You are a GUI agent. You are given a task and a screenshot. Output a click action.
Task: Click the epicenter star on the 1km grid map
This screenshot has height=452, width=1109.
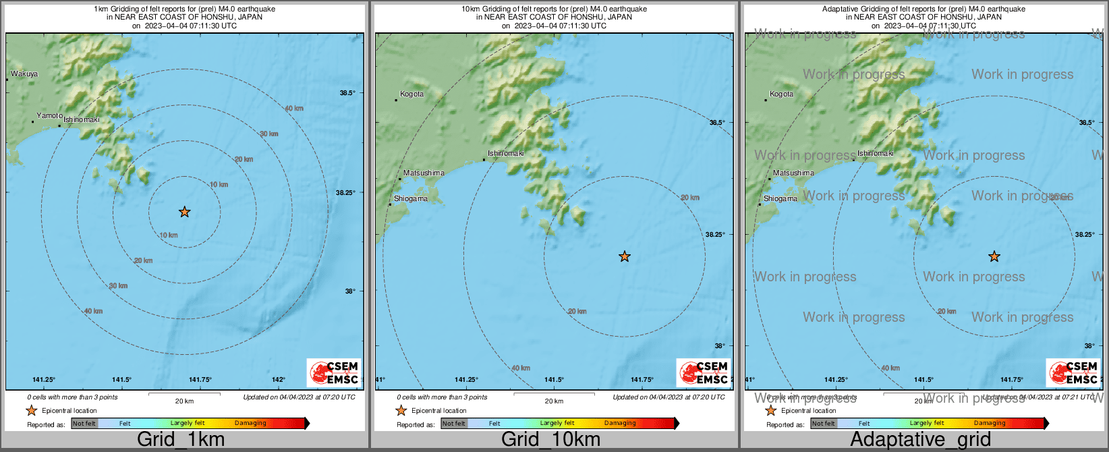[184, 212]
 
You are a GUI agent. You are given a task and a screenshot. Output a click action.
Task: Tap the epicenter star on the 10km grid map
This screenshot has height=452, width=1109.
[625, 256]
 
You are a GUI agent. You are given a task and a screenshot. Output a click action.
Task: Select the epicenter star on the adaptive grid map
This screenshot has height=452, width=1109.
[994, 256]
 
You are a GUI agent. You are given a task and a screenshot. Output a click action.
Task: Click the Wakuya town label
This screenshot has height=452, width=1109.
[24, 74]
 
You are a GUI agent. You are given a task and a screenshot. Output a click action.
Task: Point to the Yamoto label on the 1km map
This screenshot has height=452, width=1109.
[49, 116]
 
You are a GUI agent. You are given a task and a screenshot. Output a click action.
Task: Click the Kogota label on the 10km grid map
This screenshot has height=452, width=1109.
[411, 94]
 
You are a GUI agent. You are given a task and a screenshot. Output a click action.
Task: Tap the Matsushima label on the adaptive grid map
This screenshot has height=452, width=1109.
[793, 173]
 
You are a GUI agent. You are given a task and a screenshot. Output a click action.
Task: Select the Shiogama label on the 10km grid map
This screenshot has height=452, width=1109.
[410, 199]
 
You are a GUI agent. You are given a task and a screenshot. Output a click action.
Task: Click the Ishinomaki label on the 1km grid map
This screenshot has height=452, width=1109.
[82, 120]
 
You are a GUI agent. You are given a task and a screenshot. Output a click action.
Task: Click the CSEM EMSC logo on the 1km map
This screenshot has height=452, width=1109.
[334, 372]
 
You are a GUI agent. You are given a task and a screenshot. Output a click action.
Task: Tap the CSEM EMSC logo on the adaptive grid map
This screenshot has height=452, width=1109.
[1073, 372]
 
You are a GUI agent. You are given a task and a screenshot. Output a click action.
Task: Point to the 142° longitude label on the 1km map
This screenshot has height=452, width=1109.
[279, 380]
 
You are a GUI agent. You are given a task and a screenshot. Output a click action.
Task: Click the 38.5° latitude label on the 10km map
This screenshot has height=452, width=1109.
[716, 123]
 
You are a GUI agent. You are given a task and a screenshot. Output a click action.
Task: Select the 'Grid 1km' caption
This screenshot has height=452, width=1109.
[181, 440]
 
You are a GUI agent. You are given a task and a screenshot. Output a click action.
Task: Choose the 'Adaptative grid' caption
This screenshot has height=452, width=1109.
[920, 440]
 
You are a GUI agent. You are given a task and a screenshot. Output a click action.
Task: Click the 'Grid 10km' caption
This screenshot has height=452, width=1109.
[550, 440]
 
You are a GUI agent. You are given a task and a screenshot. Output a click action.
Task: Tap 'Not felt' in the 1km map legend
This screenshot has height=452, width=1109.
[84, 424]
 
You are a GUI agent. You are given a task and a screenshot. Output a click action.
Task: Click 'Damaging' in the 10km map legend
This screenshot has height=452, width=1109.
[620, 424]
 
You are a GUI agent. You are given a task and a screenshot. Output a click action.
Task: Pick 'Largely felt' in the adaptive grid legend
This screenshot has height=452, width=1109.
[927, 424]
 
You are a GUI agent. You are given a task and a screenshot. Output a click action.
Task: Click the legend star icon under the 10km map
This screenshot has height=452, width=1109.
[401, 410]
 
